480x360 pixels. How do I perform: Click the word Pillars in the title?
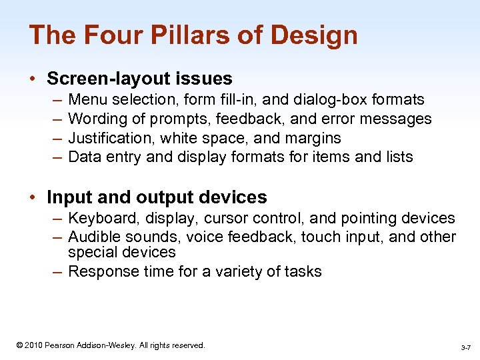tap(167, 35)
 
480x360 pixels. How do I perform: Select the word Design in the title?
tap(314, 35)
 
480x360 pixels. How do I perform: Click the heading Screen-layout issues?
tap(139, 79)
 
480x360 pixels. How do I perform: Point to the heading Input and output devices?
tap(157, 197)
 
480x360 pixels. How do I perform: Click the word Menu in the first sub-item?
tap(89, 100)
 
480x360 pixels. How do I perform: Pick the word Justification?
tap(108, 138)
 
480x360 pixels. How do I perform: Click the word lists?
tap(396, 157)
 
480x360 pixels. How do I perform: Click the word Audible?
tap(93, 237)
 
